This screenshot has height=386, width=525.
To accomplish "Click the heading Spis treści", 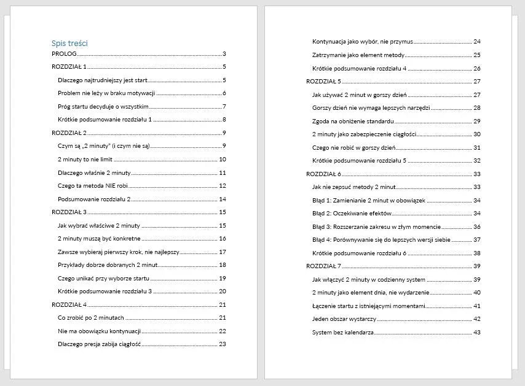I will [69, 44].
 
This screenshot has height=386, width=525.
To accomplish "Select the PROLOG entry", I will [65, 54].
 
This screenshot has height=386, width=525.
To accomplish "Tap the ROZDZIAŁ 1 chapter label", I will [69, 67].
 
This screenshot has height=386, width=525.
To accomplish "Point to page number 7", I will [224, 107].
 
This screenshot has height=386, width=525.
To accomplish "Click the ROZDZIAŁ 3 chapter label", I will [69, 212].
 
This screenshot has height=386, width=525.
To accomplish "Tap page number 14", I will [223, 199].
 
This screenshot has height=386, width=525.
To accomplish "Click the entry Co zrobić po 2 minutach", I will [91, 318].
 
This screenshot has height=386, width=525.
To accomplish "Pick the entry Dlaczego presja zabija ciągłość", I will [100, 344].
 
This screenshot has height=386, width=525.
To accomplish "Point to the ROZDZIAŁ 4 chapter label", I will [69, 304].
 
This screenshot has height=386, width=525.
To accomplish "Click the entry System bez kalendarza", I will [343, 332].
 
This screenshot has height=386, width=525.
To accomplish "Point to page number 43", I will [476, 332].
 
